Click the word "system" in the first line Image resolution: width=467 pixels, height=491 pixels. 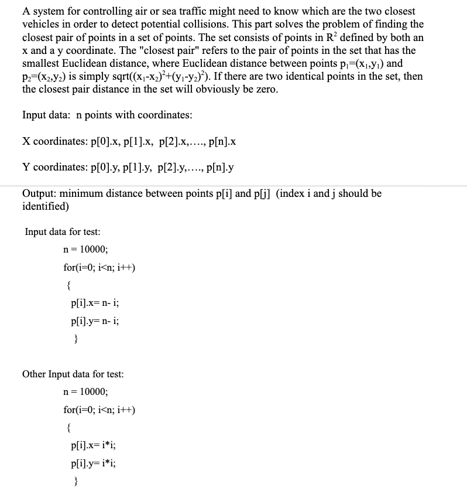click(47, 11)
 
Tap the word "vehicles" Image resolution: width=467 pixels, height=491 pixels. click(42, 24)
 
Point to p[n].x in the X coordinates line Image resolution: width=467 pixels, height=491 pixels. click(222, 141)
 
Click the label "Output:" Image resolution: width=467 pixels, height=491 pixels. click(40, 193)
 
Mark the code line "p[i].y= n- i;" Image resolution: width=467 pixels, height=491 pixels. click(94, 322)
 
